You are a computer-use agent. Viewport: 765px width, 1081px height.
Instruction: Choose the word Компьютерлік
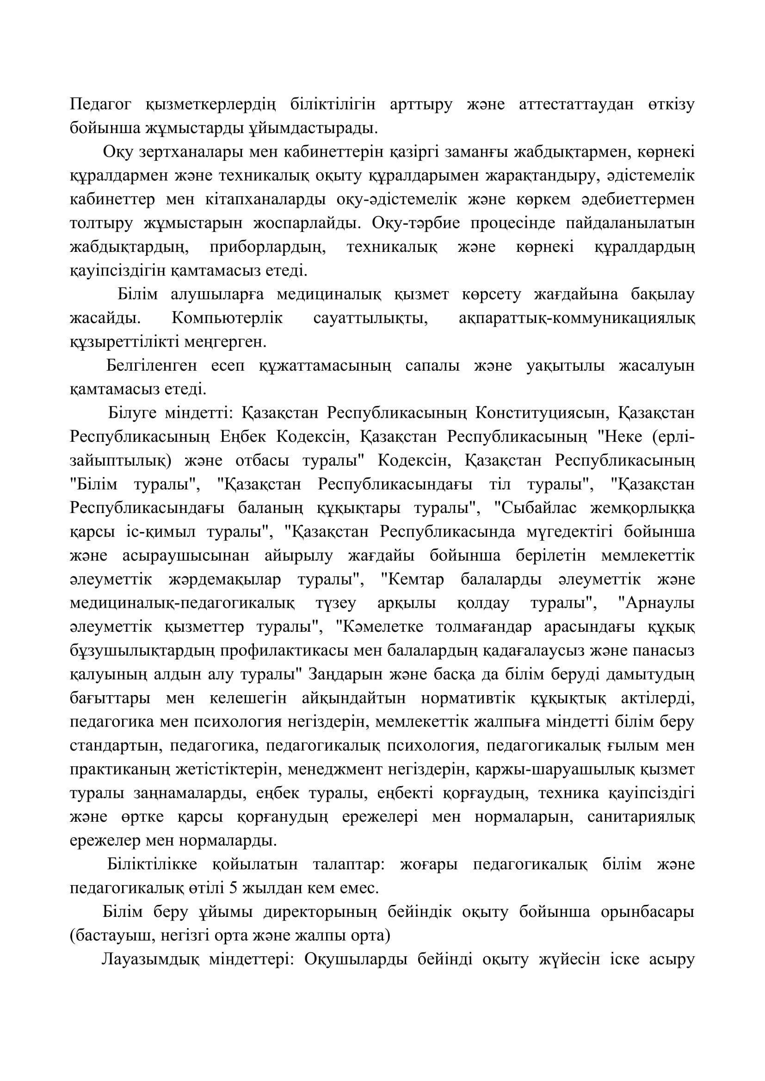pyautogui.click(x=227, y=318)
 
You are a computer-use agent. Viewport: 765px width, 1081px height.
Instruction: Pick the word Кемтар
pyautogui.click(x=415, y=580)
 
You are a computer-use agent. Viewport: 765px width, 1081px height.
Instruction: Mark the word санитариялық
pyautogui.click(x=641, y=817)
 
